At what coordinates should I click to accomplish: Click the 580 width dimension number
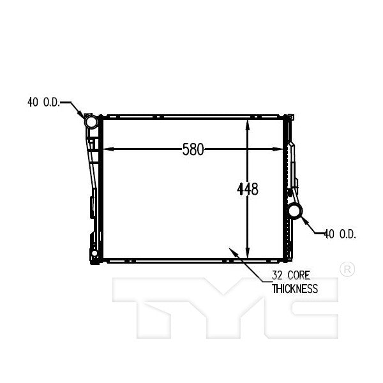(193, 150)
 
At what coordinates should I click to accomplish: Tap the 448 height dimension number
(248, 189)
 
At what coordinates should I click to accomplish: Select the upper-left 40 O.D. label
(43, 101)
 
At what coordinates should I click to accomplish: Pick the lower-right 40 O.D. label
(340, 234)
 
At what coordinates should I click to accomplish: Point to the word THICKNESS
(294, 289)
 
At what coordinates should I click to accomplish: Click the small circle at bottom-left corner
(94, 255)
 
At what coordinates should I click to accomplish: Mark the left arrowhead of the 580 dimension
(107, 150)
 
